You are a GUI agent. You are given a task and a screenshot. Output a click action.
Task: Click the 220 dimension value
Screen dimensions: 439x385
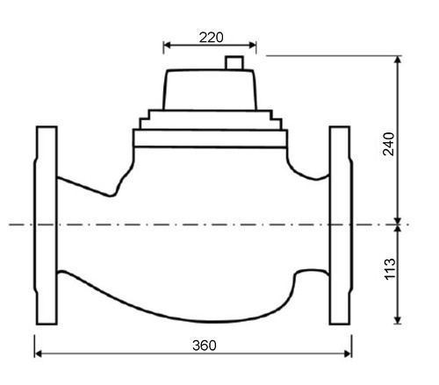[x=211, y=38]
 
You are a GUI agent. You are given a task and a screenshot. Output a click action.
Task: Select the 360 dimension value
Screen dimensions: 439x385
[x=205, y=346]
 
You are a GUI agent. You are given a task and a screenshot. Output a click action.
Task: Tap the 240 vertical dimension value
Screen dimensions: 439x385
[x=389, y=144]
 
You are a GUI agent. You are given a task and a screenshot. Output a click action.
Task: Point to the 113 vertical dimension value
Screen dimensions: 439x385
[x=390, y=269]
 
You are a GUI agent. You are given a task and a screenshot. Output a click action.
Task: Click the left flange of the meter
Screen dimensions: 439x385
[x=46, y=225]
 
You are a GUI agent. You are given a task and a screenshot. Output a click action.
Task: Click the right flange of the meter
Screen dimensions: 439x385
[x=341, y=225]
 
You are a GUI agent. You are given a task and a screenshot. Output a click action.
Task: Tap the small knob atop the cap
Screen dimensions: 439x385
[x=234, y=62]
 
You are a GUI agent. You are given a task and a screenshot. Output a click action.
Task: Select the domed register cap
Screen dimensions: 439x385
[x=210, y=89]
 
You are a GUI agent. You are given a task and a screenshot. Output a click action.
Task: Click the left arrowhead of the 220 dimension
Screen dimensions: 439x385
[x=167, y=45]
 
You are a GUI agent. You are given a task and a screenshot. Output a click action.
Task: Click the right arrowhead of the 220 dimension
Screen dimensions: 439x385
[x=253, y=45]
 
